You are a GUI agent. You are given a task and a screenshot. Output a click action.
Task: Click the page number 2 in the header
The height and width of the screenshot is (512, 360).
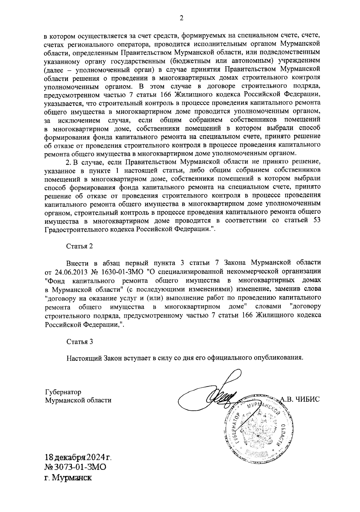click(x=181, y=18)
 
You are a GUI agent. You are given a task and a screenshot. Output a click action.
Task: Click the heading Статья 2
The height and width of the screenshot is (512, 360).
click(x=79, y=246)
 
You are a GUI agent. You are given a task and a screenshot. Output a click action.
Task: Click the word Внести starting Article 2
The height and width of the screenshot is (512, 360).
click(x=77, y=263)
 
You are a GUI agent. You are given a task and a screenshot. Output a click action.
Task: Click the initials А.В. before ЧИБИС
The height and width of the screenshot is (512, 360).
click(x=286, y=399)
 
